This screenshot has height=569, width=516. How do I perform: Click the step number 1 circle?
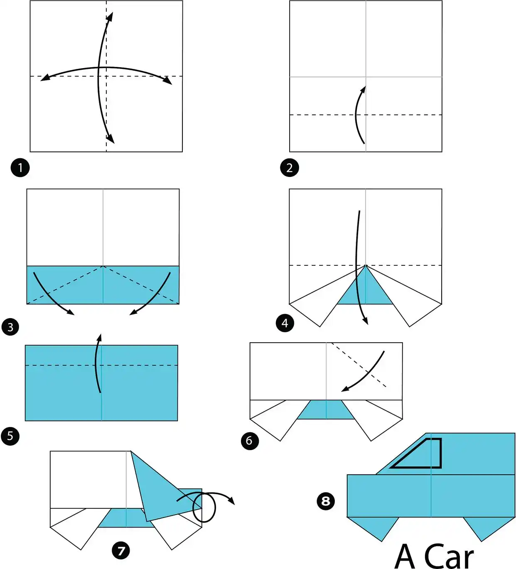20,168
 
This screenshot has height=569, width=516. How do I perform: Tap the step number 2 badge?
289,168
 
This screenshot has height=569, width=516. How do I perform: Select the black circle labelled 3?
10,327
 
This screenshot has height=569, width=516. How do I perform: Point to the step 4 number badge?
285,323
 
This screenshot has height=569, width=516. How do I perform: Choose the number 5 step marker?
10,436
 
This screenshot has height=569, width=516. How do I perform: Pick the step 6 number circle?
250,441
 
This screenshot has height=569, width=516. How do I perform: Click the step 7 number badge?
121,551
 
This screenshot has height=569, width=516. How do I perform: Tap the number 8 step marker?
326,501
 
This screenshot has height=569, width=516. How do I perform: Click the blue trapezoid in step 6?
326,410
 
